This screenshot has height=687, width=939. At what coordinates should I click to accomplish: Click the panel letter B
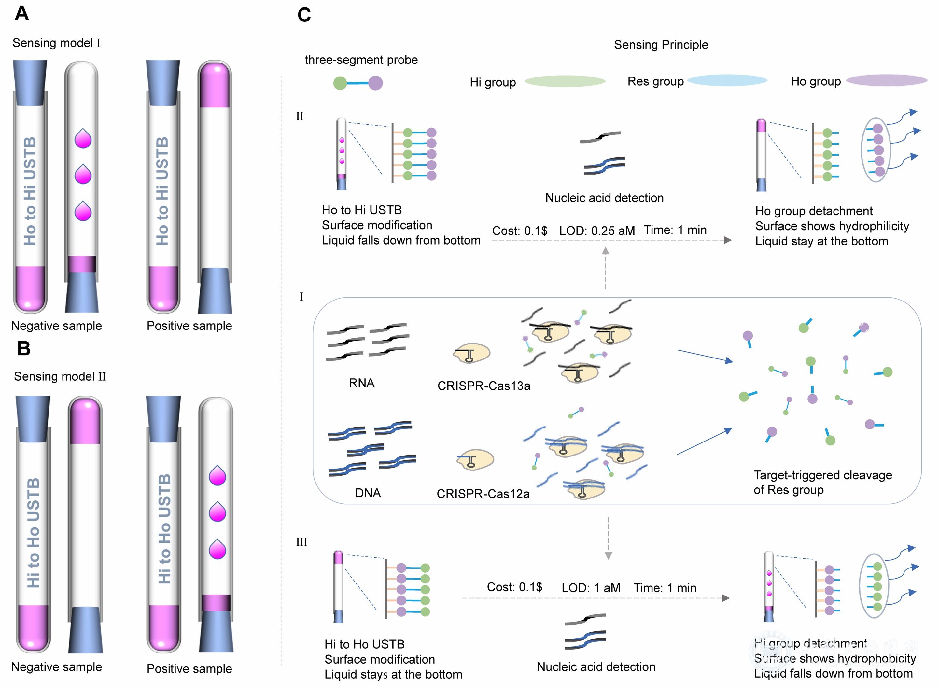coord(24,348)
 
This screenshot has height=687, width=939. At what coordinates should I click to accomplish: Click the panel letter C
coord(304,15)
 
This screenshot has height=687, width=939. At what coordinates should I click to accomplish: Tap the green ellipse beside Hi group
coord(565,81)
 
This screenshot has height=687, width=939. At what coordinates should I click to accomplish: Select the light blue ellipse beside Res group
coord(727,80)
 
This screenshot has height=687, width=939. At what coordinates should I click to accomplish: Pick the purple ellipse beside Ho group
coord(887,80)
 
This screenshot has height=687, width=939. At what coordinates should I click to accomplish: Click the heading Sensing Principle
coord(661,45)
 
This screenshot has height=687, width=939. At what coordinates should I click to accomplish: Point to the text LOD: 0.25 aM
coord(597,231)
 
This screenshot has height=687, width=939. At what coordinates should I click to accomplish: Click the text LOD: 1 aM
coord(591,588)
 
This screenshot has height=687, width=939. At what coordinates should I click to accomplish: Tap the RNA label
coord(361,383)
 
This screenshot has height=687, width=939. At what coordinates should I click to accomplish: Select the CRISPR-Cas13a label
coord(484,386)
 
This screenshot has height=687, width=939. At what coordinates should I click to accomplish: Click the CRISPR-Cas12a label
coord(483,494)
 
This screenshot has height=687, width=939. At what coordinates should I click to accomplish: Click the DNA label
coord(368,493)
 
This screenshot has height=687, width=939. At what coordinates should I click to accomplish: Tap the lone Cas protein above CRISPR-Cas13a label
coord(472,354)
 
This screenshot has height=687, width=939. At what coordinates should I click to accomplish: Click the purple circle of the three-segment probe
coord(375,83)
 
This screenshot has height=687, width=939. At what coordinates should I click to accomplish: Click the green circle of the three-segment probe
coord(340,83)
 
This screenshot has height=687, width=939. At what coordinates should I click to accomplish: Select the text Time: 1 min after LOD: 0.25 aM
coord(675,230)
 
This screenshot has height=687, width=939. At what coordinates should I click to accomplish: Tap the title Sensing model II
coord(60,376)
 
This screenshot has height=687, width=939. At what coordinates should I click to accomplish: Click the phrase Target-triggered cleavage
coord(822,475)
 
